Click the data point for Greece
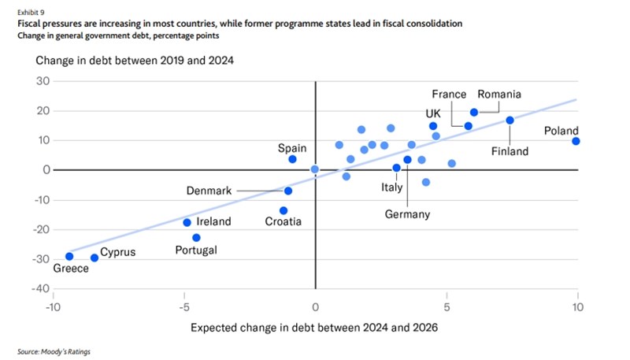[x=69, y=256]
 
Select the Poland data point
[x=576, y=141]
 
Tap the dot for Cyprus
[x=94, y=258]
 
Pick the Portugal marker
[x=197, y=237]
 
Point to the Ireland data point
[x=187, y=222]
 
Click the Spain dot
[x=292, y=159]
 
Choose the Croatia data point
[x=283, y=210]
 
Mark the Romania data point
[x=474, y=113]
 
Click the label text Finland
[x=510, y=150]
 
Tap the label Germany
[x=407, y=214]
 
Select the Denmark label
[x=209, y=191]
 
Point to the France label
[x=449, y=95]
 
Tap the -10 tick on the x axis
[x=54, y=306]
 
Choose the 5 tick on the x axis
[x=447, y=306]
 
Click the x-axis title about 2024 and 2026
[x=315, y=327]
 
